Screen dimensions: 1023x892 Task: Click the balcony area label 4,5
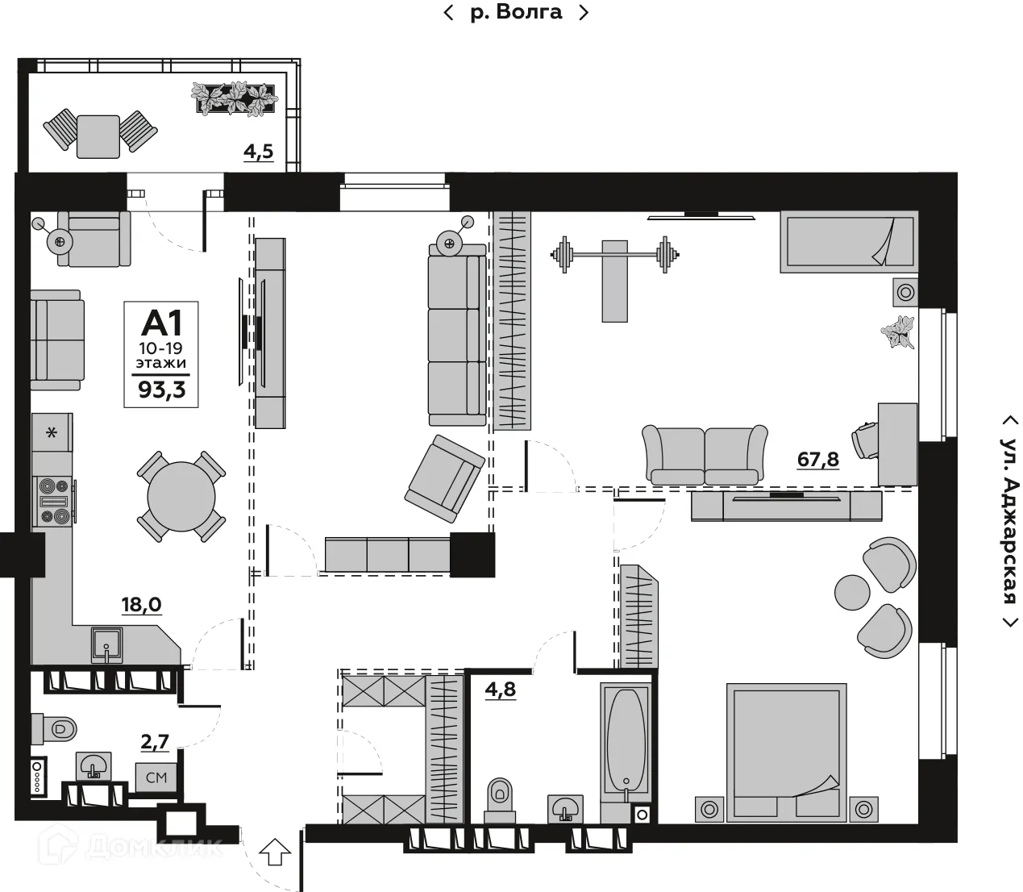coord(259,151)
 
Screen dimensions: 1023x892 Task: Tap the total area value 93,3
coord(161,390)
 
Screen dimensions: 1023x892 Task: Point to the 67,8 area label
coord(818,459)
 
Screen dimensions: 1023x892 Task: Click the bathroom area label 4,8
coord(500,690)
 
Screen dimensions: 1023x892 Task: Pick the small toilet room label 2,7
coord(155,742)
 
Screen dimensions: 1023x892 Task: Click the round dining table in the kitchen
coord(181,497)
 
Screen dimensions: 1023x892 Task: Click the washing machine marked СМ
coord(156,777)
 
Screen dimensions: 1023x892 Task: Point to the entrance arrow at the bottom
coord(275,852)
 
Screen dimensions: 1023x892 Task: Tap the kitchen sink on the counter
coord(106,645)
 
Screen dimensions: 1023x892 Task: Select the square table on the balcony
coord(98,136)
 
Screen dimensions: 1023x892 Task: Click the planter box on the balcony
coord(234,99)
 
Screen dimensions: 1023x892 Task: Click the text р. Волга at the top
coord(517,12)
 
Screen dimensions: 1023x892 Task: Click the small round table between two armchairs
coord(852,592)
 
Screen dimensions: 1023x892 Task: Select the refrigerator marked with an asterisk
coord(52,432)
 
